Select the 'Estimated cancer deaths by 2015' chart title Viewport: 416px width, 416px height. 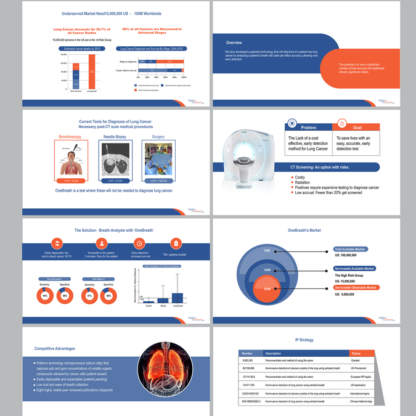pyautogui.click(x=78, y=48)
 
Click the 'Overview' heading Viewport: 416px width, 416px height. pyautogui.click(x=234, y=43)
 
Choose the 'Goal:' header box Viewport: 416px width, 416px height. pyautogui.click(x=356, y=128)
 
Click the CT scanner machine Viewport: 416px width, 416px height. pyautogui.click(x=246, y=154)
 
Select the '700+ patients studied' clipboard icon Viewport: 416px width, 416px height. pyautogui.click(x=176, y=244)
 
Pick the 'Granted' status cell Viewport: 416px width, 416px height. pyautogui.click(x=356, y=361)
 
